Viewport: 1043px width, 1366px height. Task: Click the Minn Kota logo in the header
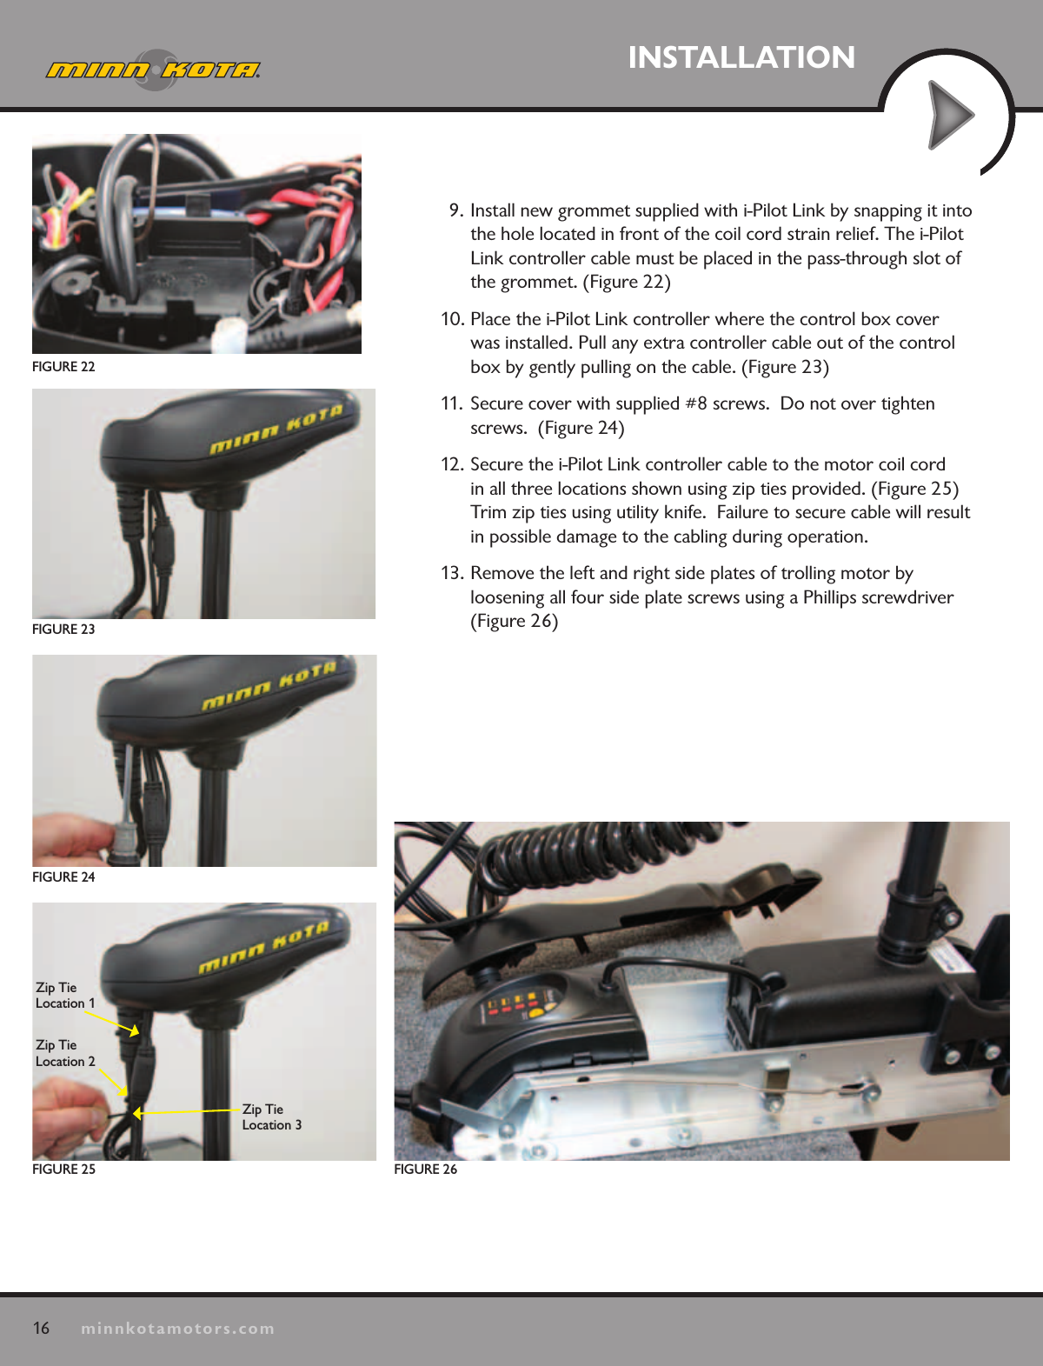[153, 70]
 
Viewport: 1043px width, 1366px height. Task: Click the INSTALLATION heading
[741, 57]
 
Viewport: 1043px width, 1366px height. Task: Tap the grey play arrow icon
[950, 115]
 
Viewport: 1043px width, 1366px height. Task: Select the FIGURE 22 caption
[63, 367]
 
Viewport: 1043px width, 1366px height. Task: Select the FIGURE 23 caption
[63, 630]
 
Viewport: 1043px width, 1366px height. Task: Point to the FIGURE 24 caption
[63, 877]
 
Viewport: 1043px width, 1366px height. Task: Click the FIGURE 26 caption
[425, 1169]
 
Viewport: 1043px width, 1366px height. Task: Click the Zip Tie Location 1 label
[65, 996]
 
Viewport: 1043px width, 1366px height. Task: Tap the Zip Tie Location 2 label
[65, 1053]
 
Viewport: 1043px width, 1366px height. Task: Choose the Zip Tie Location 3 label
[271, 1117]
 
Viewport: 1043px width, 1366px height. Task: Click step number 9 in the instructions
[456, 211]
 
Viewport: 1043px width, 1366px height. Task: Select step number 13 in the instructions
[451, 574]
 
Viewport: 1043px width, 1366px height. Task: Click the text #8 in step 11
[695, 404]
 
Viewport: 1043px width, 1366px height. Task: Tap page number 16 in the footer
[41, 1328]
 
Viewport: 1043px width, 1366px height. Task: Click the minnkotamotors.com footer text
[177, 1329]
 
